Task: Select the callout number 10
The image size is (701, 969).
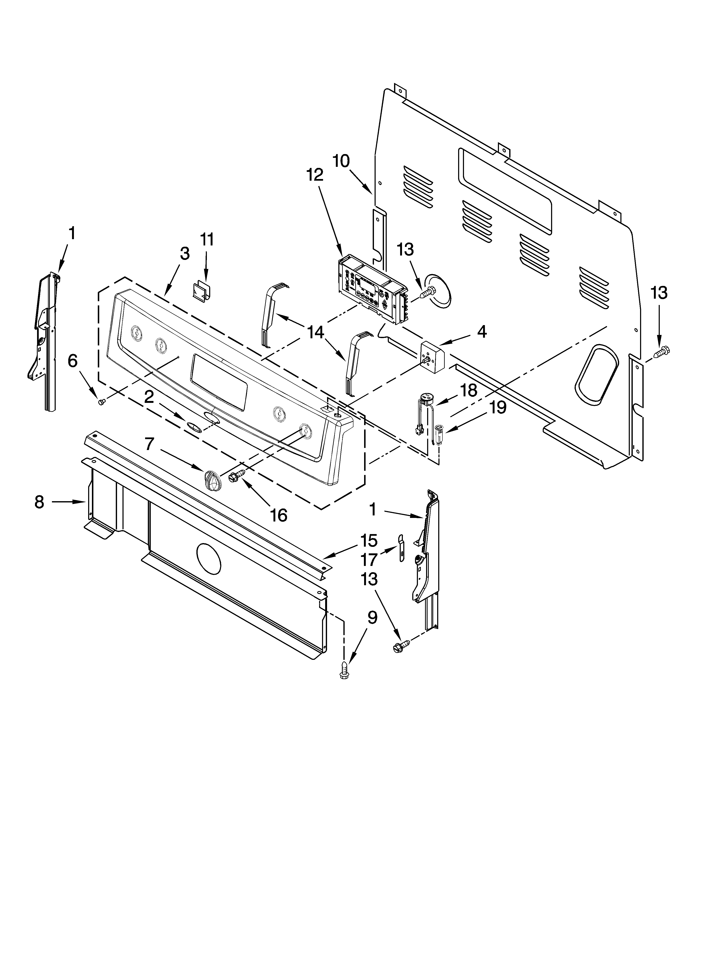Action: pyautogui.click(x=341, y=161)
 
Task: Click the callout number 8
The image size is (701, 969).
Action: pyautogui.click(x=39, y=502)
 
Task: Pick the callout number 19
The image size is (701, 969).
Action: pyautogui.click(x=497, y=408)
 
